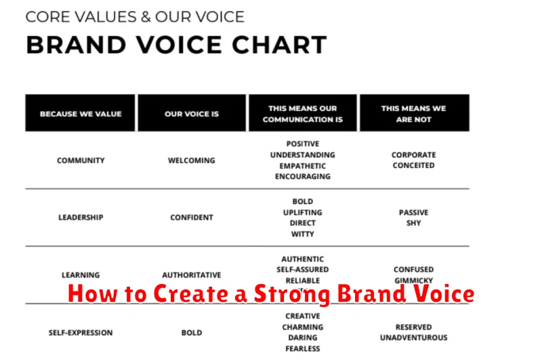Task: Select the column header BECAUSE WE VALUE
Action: (81, 113)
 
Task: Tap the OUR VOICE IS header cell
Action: (192, 113)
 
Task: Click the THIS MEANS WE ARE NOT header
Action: (413, 113)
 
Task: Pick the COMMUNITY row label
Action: (81, 161)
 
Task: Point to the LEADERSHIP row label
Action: (81, 218)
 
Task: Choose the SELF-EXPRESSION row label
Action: (81, 333)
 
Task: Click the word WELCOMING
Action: (192, 161)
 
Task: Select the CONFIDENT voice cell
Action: (192, 218)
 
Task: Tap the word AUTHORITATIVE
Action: (192, 275)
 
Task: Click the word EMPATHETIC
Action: (302, 165)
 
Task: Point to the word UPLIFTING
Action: (302, 212)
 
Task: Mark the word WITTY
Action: (302, 234)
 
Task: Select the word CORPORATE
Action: (413, 155)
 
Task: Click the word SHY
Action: (413, 223)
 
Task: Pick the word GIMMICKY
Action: (413, 281)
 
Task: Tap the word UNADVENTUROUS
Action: (413, 338)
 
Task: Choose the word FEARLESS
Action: (302, 348)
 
